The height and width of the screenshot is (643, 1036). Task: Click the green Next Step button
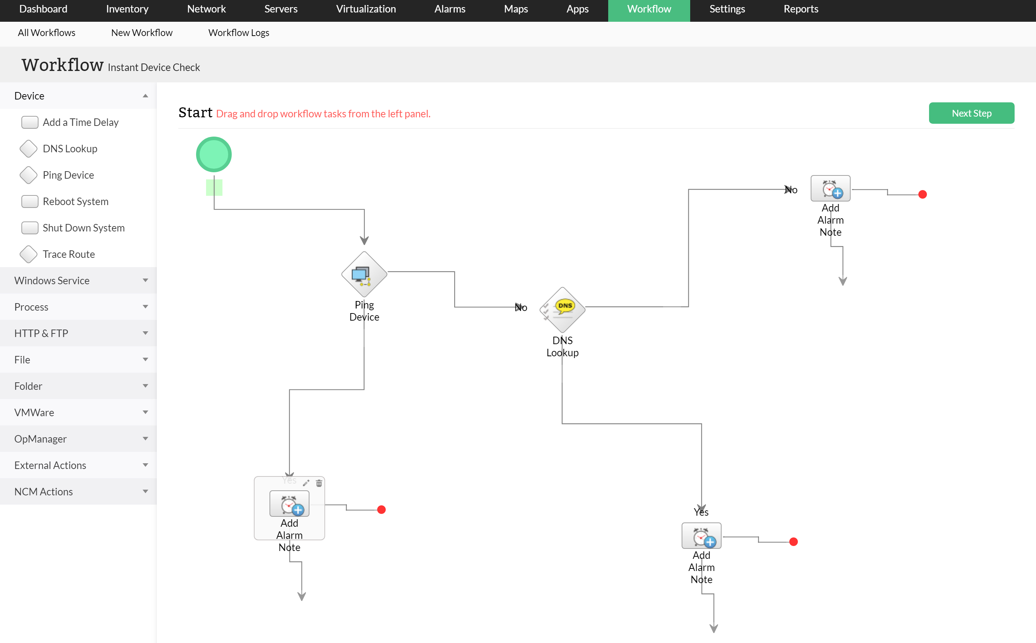coord(971,113)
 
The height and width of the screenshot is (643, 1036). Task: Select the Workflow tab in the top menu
coord(649,9)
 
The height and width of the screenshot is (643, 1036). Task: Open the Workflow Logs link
coord(239,33)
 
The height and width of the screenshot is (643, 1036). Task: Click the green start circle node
coord(214,154)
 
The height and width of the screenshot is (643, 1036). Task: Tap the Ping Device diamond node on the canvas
coord(364,274)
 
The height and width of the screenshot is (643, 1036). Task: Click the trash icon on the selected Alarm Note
coord(319,483)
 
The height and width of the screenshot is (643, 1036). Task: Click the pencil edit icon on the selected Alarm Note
coord(306,483)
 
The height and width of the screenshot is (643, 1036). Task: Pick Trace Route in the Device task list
coord(68,254)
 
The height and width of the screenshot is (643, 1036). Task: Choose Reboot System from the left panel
coord(75,201)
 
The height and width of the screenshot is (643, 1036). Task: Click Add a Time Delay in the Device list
coord(80,122)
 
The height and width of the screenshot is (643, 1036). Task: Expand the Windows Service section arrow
coord(145,281)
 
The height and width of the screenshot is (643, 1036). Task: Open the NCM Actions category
coord(43,491)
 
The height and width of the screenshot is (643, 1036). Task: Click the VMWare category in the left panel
coord(34,413)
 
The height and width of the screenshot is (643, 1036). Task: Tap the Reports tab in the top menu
coord(800,9)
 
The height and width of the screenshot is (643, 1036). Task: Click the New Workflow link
coord(142,33)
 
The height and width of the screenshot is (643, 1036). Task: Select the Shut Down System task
coord(83,228)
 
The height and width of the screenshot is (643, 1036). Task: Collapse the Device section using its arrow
coord(145,96)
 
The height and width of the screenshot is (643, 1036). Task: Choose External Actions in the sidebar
coord(50,465)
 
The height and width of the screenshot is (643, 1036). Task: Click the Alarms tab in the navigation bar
coord(449,9)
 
